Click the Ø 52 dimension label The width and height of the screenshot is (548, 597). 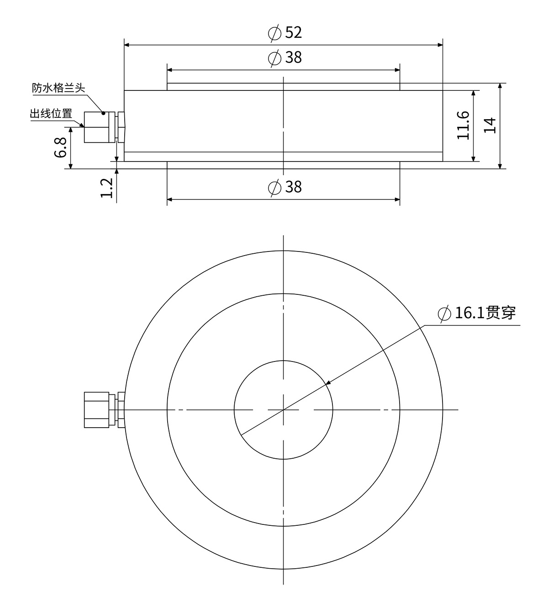[285, 33]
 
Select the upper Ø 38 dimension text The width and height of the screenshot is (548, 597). [285, 58]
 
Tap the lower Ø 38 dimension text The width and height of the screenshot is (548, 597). [285, 187]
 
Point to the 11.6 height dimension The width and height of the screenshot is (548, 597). [463, 125]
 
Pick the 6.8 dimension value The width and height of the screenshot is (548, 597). [61, 147]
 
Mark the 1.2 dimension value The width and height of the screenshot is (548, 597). [106, 188]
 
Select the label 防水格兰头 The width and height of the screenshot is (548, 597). [58, 88]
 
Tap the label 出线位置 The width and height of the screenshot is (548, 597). [51, 113]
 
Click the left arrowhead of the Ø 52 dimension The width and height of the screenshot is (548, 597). [127, 45]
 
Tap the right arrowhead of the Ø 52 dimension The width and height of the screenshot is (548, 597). [440, 45]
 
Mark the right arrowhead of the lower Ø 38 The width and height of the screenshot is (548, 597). [397, 199]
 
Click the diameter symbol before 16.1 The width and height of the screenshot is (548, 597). [443, 314]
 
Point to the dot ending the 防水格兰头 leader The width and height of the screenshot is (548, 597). [104, 113]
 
